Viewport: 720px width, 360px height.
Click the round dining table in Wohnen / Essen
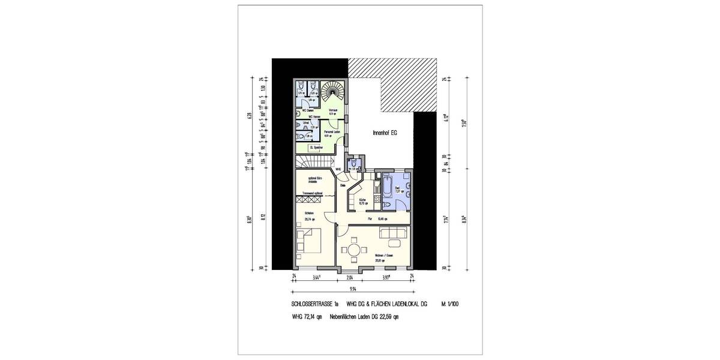(355, 249)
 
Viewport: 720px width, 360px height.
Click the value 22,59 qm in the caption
(388, 317)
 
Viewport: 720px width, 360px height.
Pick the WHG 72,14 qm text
(307, 317)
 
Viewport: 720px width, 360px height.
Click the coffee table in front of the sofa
(394, 243)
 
